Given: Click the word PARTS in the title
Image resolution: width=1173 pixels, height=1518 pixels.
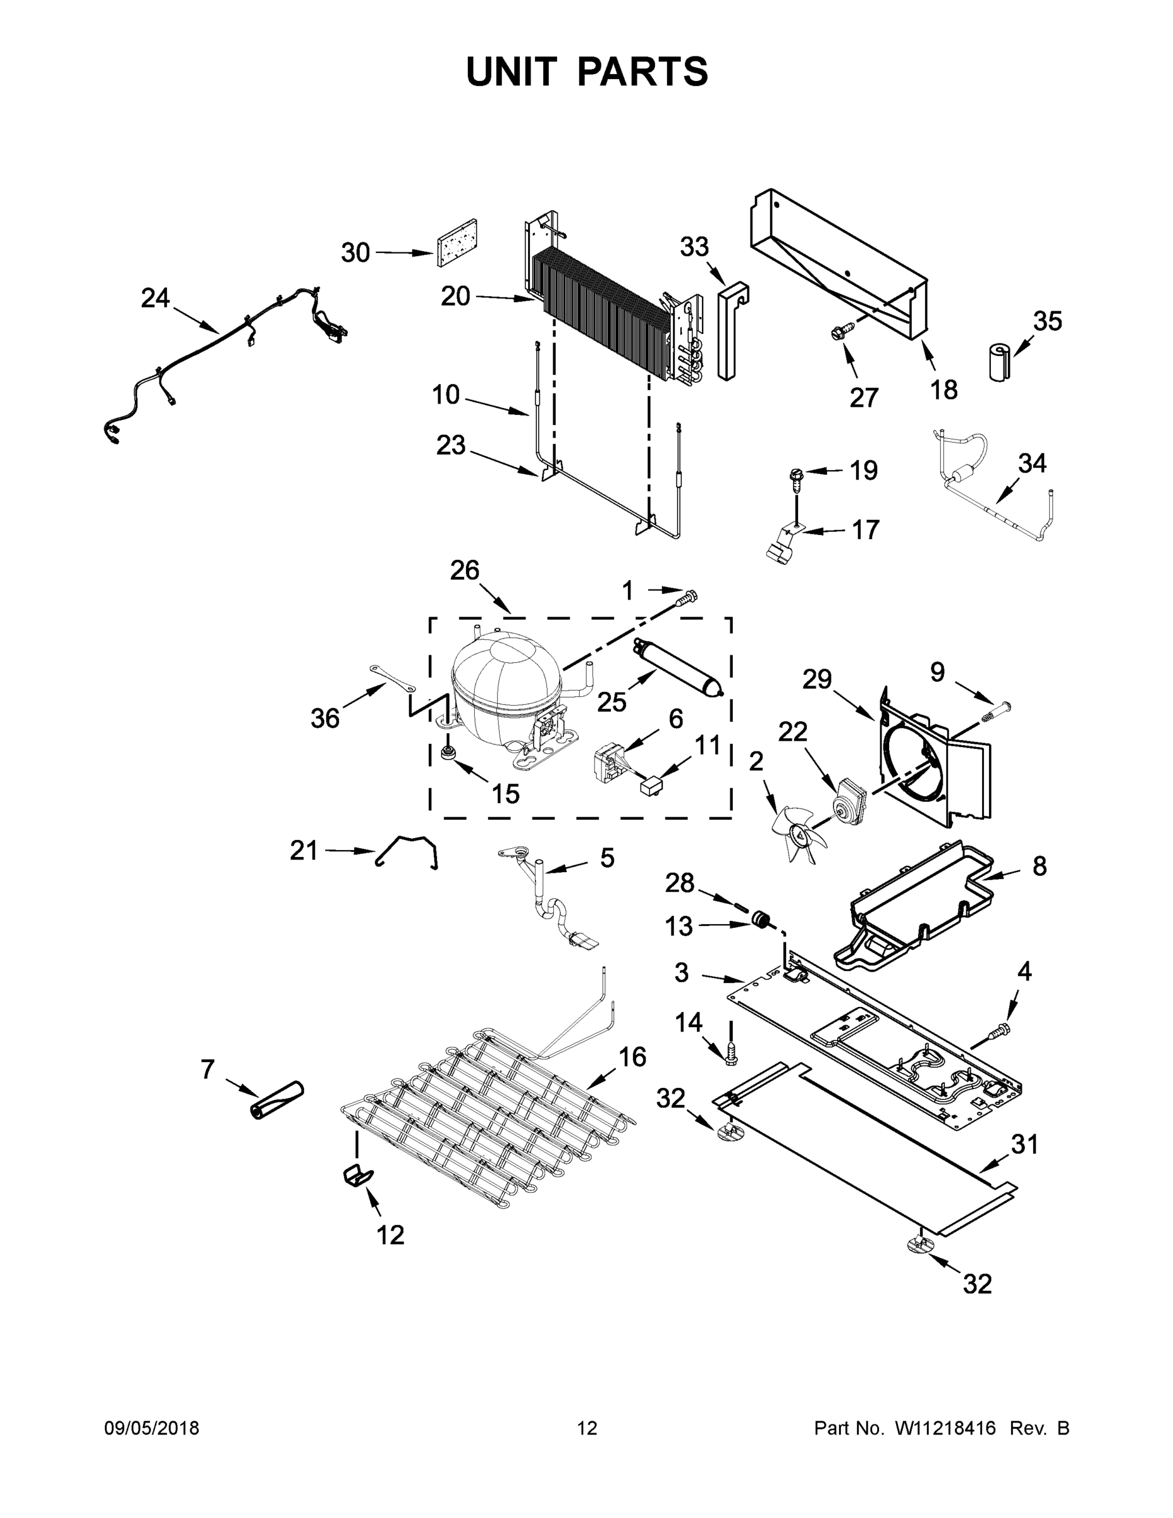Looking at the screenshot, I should (x=643, y=71).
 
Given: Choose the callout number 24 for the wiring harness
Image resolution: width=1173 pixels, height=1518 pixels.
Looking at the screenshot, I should (x=155, y=298).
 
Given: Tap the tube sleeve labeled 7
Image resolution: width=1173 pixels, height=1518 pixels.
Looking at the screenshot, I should (x=276, y=1101).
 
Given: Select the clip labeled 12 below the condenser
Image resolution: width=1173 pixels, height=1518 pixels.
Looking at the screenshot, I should (x=358, y=1176).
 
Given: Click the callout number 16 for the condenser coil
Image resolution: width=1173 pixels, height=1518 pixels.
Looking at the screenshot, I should (x=632, y=1056).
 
